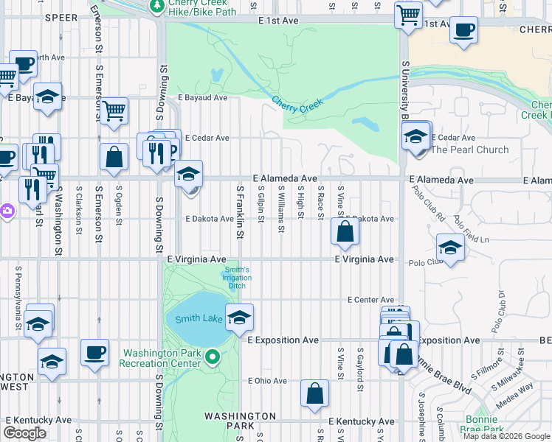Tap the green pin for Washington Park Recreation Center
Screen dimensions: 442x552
pos(213,358)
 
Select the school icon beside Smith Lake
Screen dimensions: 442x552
pos(239,318)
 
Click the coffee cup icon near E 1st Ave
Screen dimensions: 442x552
pos(463,30)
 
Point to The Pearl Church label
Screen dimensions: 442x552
pos(469,150)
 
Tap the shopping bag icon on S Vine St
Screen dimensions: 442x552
pos(345,232)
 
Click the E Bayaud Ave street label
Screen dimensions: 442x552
pos(202,97)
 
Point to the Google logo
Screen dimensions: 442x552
pos(25,432)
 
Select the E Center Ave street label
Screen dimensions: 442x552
pos(371,300)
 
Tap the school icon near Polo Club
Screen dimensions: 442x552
pos(450,247)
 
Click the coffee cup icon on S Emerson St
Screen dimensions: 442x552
pos(94,352)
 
